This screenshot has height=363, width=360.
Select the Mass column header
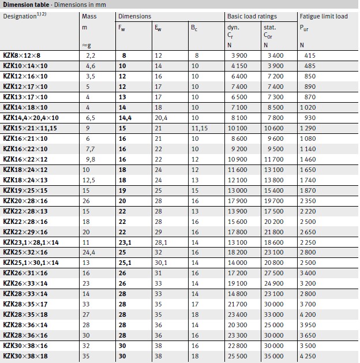(89, 16)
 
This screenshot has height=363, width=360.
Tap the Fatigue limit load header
(323, 16)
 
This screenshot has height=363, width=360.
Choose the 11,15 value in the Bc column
(199, 128)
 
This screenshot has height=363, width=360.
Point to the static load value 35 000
(273, 357)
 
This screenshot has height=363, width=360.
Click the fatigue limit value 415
(310, 55)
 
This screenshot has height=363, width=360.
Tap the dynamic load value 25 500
(239, 357)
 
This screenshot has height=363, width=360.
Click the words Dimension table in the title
(25, 4)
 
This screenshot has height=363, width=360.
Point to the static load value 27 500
(273, 274)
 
